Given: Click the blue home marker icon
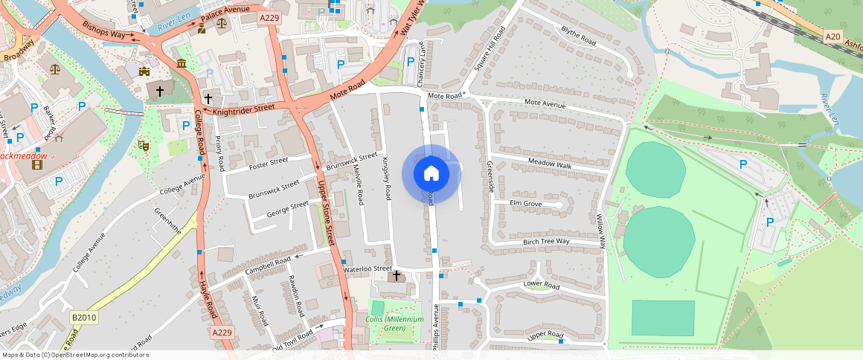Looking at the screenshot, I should (431, 174).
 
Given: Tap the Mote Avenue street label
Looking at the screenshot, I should (545, 104).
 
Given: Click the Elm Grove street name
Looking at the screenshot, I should (525, 203).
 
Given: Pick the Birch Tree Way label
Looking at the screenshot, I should (546, 241).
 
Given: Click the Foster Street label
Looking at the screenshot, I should (268, 163).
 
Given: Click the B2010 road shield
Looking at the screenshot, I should (84, 318).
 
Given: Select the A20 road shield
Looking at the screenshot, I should (833, 36).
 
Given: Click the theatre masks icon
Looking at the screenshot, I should (144, 147).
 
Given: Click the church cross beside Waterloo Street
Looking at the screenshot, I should (396, 276).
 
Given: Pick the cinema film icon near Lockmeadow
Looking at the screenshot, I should (37, 164).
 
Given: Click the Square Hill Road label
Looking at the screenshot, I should (489, 48).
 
